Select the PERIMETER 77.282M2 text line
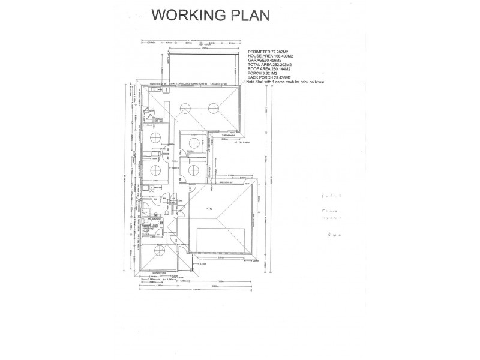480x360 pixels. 268,53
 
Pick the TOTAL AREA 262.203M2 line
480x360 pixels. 270,68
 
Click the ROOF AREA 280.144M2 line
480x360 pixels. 270,73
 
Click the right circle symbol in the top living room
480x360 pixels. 213,108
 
